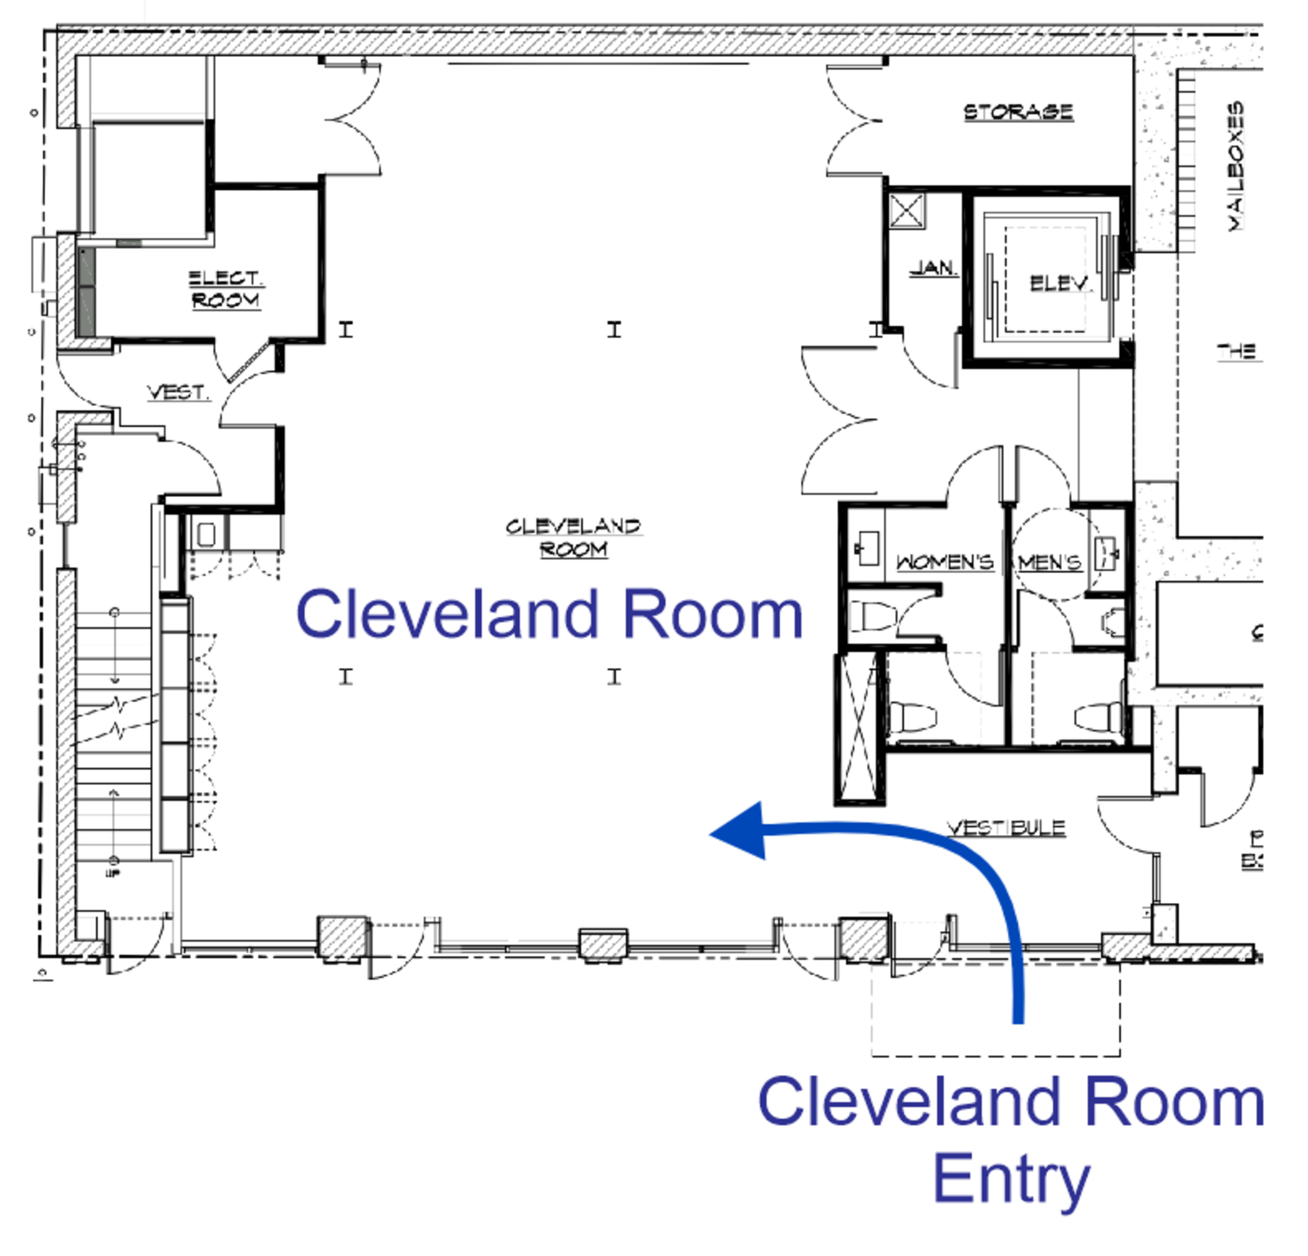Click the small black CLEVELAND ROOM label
pyautogui.click(x=573, y=538)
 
